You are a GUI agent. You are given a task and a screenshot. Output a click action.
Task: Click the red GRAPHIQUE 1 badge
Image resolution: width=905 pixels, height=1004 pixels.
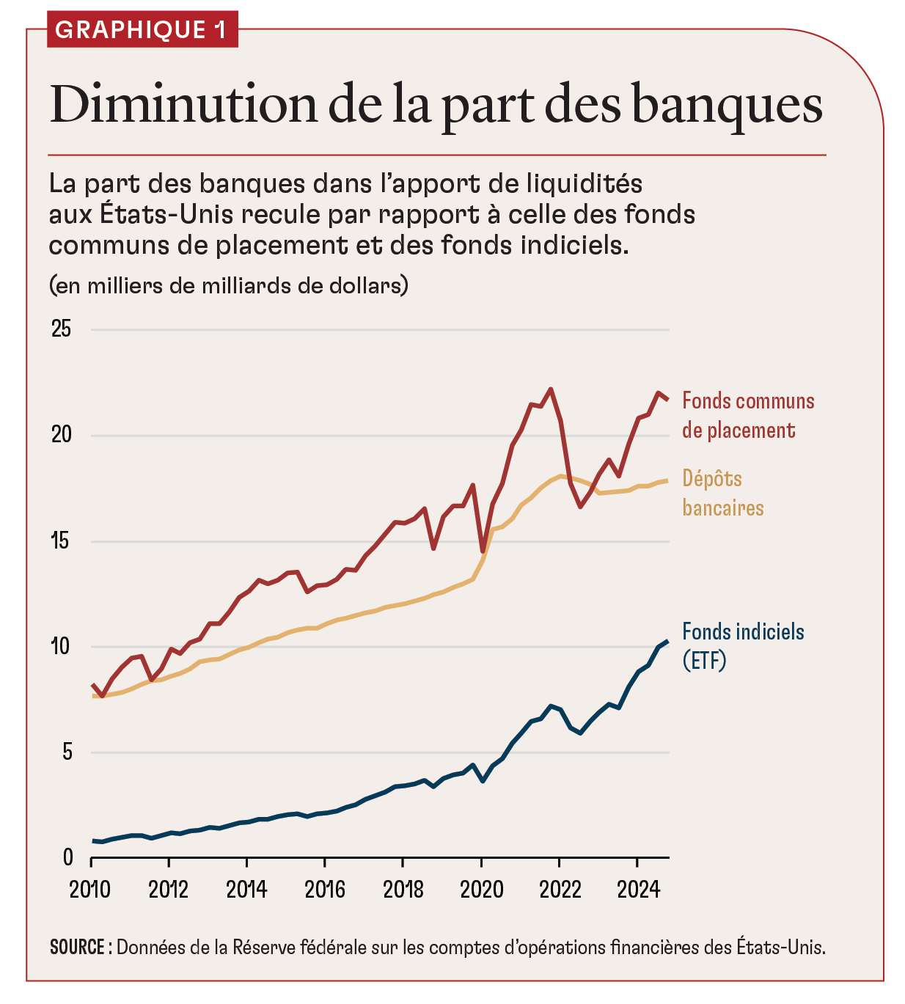click(142, 29)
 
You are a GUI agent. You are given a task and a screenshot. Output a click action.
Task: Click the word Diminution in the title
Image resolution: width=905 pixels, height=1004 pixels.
click(183, 105)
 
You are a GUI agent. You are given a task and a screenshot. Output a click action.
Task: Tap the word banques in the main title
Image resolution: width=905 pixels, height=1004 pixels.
click(726, 105)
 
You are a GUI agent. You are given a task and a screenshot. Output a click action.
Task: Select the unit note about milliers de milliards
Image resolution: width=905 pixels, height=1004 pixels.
click(228, 285)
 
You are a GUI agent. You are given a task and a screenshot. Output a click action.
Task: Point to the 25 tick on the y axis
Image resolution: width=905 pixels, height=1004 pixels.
click(62, 329)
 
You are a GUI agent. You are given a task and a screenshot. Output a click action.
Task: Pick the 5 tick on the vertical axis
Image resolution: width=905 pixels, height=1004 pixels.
click(67, 752)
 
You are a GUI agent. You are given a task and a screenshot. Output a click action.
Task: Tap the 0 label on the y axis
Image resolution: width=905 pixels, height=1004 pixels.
click(67, 857)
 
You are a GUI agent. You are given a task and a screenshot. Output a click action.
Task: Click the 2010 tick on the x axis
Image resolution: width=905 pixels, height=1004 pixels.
click(90, 890)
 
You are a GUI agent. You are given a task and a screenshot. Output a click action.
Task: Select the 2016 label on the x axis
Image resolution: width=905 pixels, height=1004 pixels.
click(325, 890)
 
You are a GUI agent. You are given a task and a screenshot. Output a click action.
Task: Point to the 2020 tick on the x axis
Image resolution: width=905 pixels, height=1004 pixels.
click(481, 890)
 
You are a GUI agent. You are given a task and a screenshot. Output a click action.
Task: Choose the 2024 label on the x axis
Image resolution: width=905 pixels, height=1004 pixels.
click(638, 890)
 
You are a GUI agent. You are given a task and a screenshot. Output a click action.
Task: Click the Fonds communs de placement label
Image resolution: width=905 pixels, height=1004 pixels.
click(747, 415)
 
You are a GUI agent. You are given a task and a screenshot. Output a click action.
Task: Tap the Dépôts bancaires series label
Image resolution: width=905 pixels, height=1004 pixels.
click(722, 493)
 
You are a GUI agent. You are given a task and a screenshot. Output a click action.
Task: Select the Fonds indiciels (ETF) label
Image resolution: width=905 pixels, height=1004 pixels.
click(742, 645)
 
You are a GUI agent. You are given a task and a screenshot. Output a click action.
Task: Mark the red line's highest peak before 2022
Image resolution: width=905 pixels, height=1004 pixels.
click(551, 389)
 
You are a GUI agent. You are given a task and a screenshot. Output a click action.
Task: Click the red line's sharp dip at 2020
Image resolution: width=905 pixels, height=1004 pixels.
click(483, 551)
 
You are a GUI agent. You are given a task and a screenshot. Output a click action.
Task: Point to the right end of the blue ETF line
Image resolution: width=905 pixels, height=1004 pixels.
click(667, 642)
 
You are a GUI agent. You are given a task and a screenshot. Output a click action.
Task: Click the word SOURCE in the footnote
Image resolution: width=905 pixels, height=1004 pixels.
click(77, 947)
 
